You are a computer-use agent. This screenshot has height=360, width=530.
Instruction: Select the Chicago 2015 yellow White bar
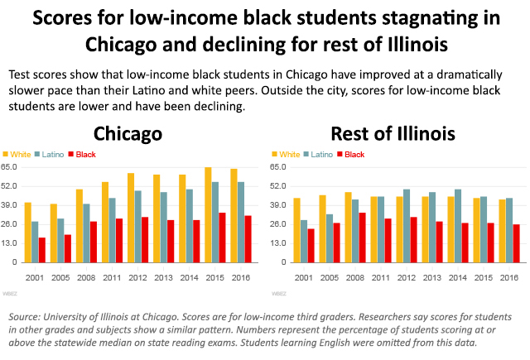pos(208,215)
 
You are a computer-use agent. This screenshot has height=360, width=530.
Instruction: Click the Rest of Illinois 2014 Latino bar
pos(457,225)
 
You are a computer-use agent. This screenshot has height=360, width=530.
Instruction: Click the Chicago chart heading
pos(127,133)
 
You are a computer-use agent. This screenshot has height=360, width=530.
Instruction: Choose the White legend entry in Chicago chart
pos(17,155)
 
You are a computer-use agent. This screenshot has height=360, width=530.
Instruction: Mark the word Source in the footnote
pos(26,318)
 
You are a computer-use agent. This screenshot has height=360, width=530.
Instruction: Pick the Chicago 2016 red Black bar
pos(248,238)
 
